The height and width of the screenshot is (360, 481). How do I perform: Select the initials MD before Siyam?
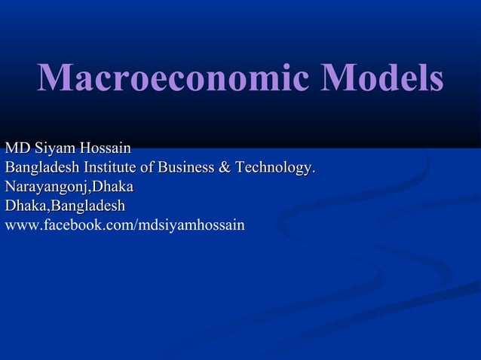[x=15, y=146]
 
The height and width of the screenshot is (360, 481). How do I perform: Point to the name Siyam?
[x=51, y=146]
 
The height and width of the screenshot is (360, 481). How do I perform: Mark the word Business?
[x=187, y=166]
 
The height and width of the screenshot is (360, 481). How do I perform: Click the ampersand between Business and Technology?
[x=225, y=166]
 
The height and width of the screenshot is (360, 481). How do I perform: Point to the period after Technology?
[x=314, y=169]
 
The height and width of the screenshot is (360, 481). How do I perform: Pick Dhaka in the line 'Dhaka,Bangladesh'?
[x=25, y=205]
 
